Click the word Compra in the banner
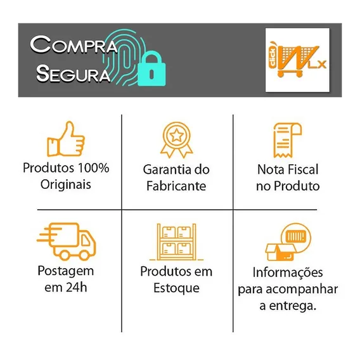click(74, 44)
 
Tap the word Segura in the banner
click(73, 74)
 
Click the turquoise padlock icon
click(151, 68)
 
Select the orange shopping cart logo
click(297, 60)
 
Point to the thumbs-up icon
click(66, 139)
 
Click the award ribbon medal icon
click(176, 139)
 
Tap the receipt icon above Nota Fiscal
click(288, 140)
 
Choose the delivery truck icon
click(67, 241)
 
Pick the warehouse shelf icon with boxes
click(176, 242)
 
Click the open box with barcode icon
click(288, 242)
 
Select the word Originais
click(66, 184)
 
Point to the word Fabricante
click(176, 186)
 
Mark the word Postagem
click(66, 271)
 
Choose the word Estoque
click(176, 288)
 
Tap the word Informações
click(288, 273)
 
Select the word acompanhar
click(302, 290)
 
